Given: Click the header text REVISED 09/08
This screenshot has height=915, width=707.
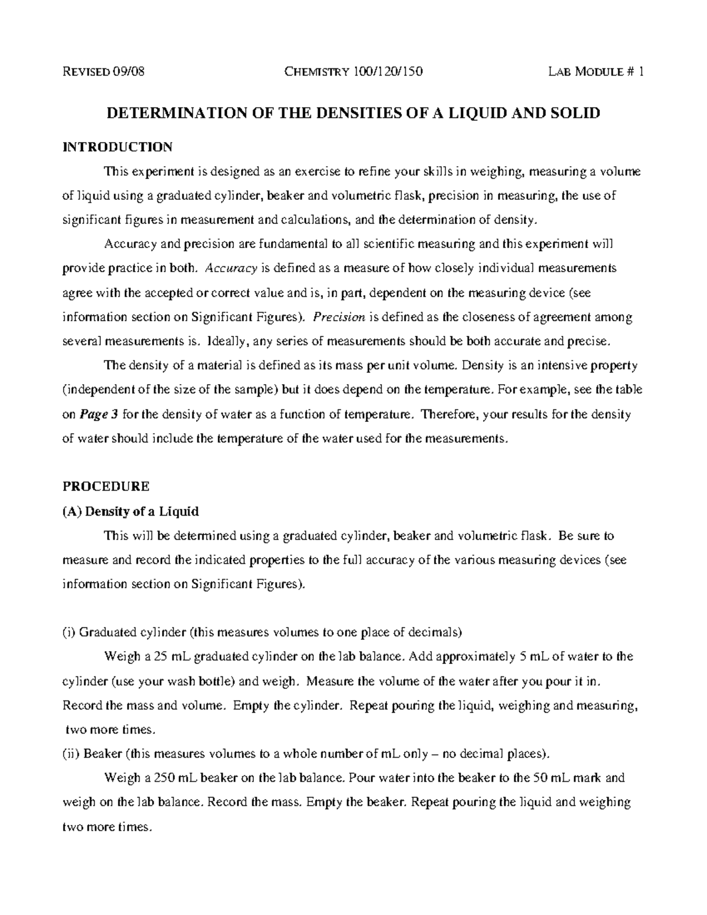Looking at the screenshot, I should pos(103,72).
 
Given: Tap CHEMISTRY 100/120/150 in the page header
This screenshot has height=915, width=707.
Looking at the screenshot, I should pos(353,72).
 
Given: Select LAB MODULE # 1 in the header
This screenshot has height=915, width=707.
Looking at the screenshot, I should pos(596,72).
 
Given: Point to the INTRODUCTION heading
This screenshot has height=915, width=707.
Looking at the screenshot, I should pos(117,147).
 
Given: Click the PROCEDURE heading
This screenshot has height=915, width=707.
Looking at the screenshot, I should pos(106,487).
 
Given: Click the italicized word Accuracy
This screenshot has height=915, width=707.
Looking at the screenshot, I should pos(231,269).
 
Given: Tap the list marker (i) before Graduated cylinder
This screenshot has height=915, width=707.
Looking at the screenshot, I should pos(69,633).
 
